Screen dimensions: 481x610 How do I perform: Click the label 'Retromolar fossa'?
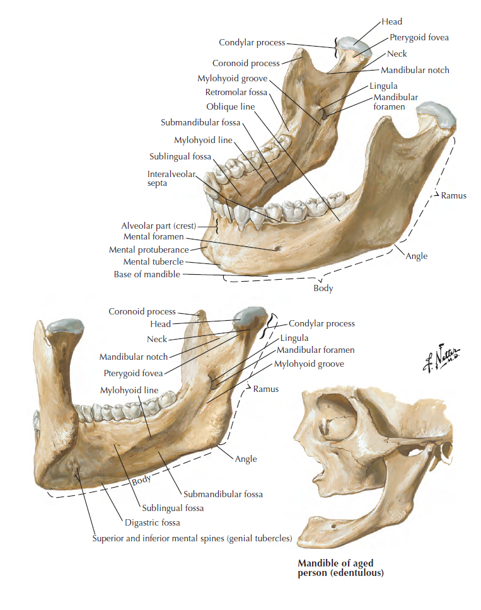tap(236, 93)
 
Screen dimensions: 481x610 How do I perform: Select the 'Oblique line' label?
tap(230, 106)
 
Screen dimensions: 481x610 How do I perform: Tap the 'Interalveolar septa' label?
tap(171, 178)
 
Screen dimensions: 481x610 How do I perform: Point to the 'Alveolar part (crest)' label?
tap(159, 226)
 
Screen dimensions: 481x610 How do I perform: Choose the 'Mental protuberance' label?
tap(149, 250)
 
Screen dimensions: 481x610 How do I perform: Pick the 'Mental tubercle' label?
tap(153, 262)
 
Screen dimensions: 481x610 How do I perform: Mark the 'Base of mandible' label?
tap(146, 274)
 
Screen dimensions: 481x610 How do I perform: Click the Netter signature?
tap(444, 360)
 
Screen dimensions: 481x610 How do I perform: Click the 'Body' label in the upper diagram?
tap(323, 289)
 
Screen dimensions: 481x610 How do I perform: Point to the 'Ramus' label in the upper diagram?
tap(454, 195)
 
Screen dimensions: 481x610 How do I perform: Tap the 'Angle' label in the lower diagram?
tap(246, 459)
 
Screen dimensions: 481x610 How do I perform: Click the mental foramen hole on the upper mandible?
tap(277, 248)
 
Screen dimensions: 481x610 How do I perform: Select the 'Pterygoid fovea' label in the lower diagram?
tap(133, 373)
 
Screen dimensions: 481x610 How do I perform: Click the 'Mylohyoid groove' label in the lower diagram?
tap(309, 364)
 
